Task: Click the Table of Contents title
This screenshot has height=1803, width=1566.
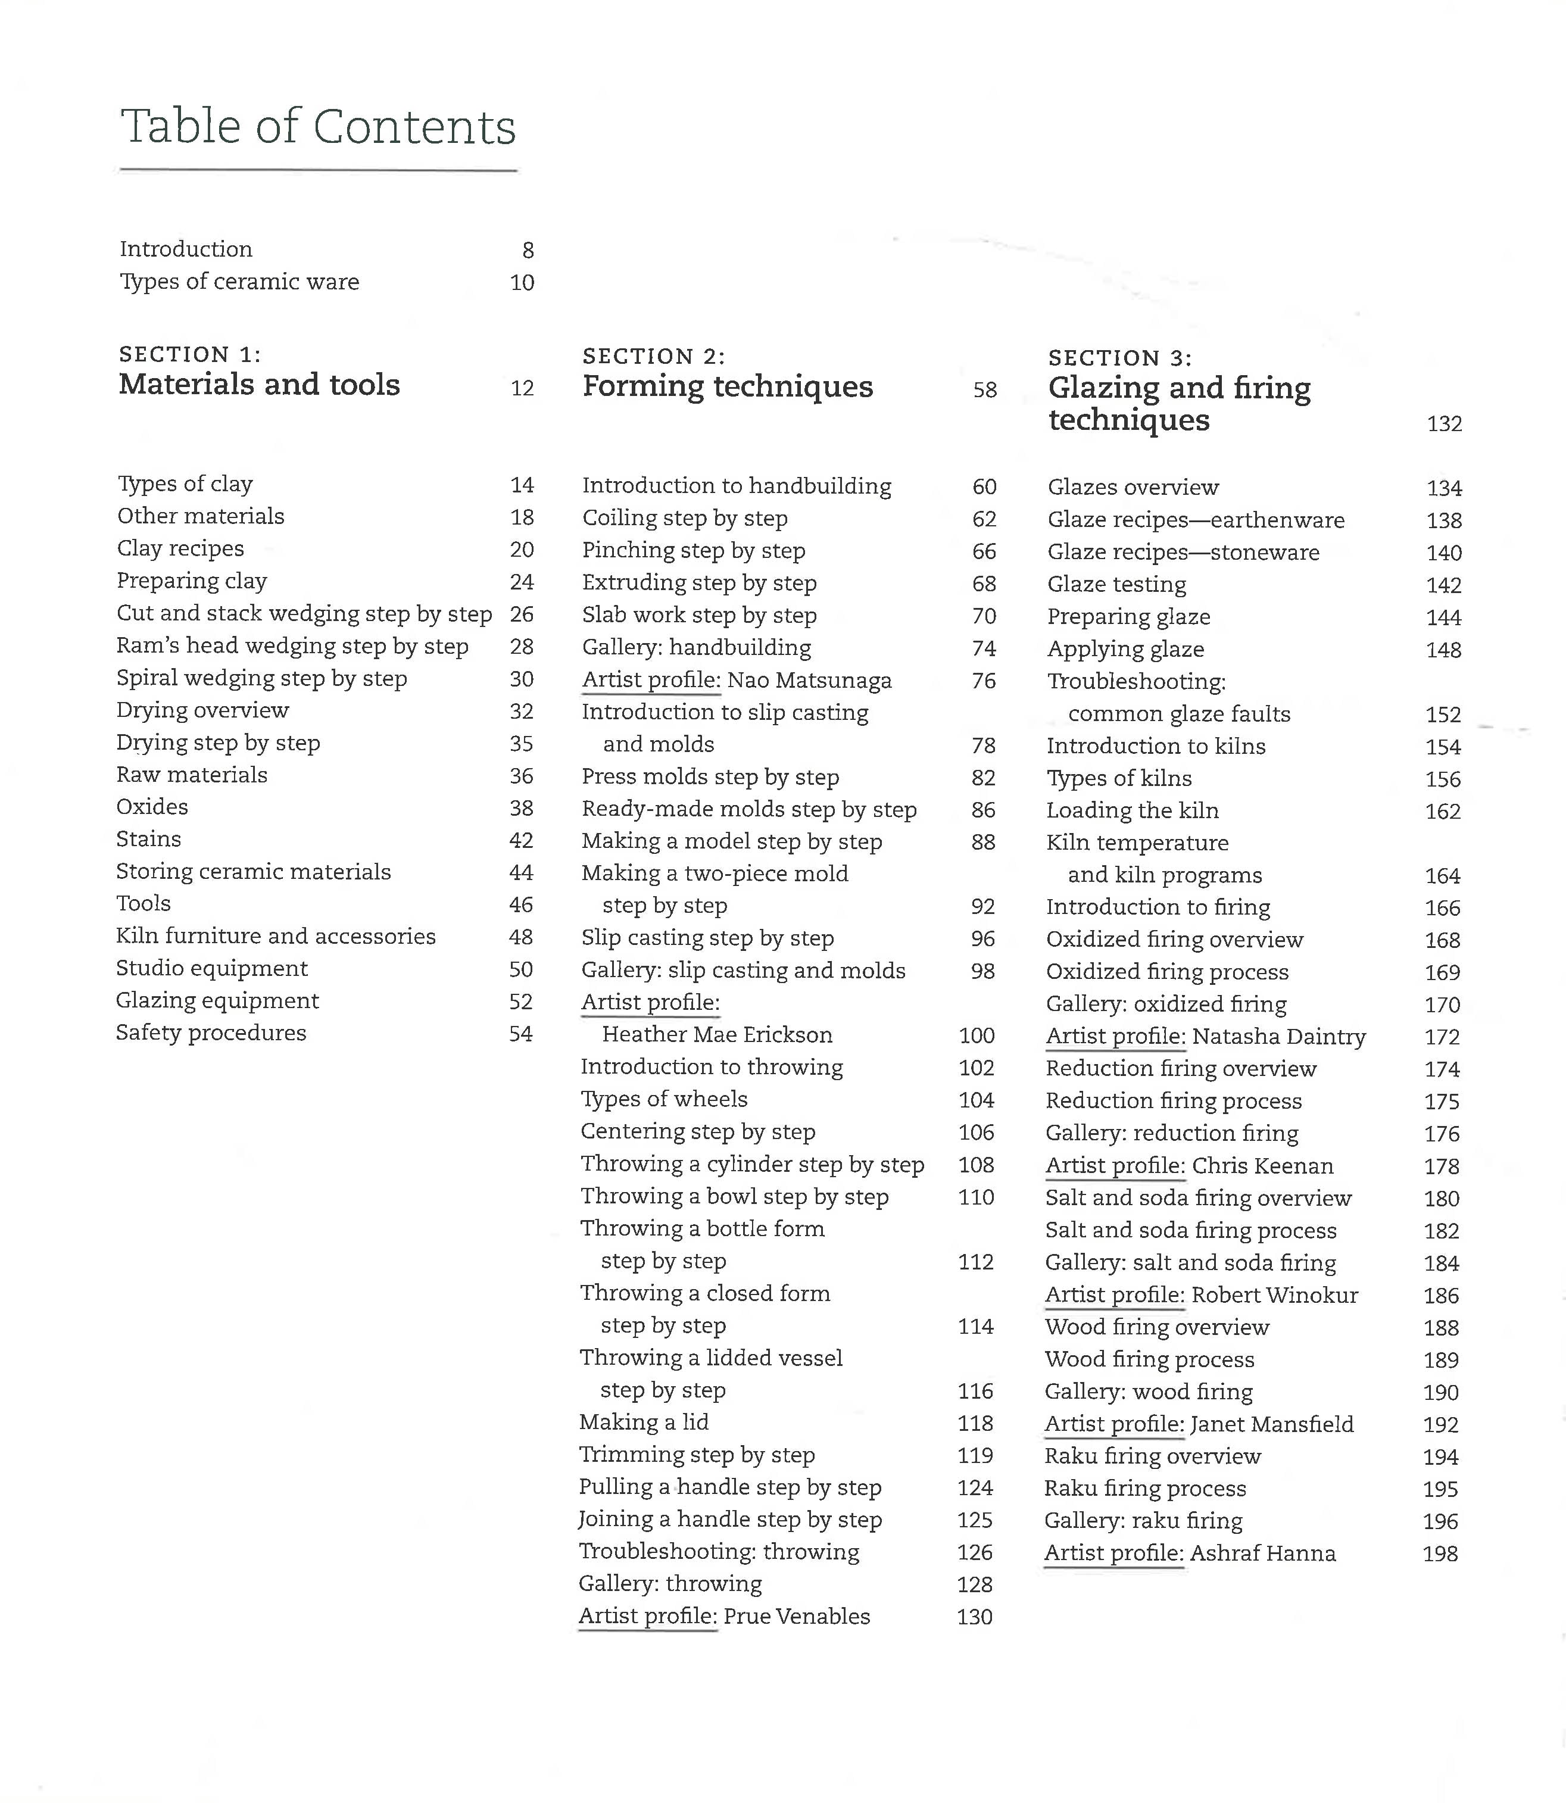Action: click(318, 127)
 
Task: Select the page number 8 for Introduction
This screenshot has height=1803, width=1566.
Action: click(528, 251)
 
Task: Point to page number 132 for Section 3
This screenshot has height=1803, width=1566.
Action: click(1444, 424)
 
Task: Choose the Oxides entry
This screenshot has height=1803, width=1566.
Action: click(152, 807)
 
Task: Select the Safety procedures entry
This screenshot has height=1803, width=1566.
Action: click(211, 1033)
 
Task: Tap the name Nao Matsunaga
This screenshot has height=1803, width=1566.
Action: click(809, 680)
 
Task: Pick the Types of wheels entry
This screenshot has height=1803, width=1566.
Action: click(664, 1099)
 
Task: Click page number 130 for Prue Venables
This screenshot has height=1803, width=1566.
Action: click(974, 1617)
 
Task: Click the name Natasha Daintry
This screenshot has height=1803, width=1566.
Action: click(1278, 1037)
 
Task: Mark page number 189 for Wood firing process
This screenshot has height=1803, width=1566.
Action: click(1441, 1360)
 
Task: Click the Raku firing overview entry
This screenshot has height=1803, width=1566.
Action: click(1153, 1456)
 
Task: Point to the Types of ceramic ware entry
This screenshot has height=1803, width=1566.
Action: click(239, 282)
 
